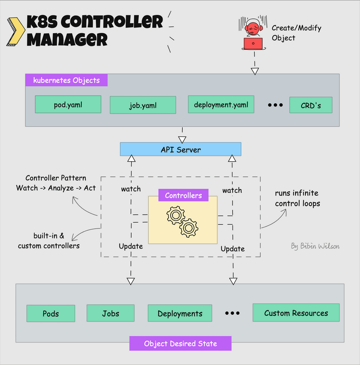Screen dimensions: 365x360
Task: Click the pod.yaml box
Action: [68, 104]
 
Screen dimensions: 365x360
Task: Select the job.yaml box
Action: [143, 105]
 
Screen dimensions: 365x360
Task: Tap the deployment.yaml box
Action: [221, 104]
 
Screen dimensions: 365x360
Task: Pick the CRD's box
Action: [311, 105]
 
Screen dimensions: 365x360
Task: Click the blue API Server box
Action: [180, 150]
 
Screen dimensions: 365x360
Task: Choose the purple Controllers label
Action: [183, 195]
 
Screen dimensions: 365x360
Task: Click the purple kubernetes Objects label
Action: [66, 80]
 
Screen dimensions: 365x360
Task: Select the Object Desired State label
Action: [180, 344]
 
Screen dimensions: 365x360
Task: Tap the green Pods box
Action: [51, 314]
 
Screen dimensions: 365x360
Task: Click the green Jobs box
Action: [110, 313]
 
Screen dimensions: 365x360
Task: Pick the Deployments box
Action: [180, 314]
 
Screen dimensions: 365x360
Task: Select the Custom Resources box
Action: [296, 313]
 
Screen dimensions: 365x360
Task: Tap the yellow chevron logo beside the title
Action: [16, 31]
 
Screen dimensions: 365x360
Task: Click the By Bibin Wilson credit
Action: [315, 246]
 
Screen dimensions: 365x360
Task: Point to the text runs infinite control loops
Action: [297, 199]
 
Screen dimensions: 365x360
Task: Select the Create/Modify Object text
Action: [296, 33]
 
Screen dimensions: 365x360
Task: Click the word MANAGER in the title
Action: [67, 40]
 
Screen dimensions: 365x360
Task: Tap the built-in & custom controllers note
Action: [49, 241]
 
